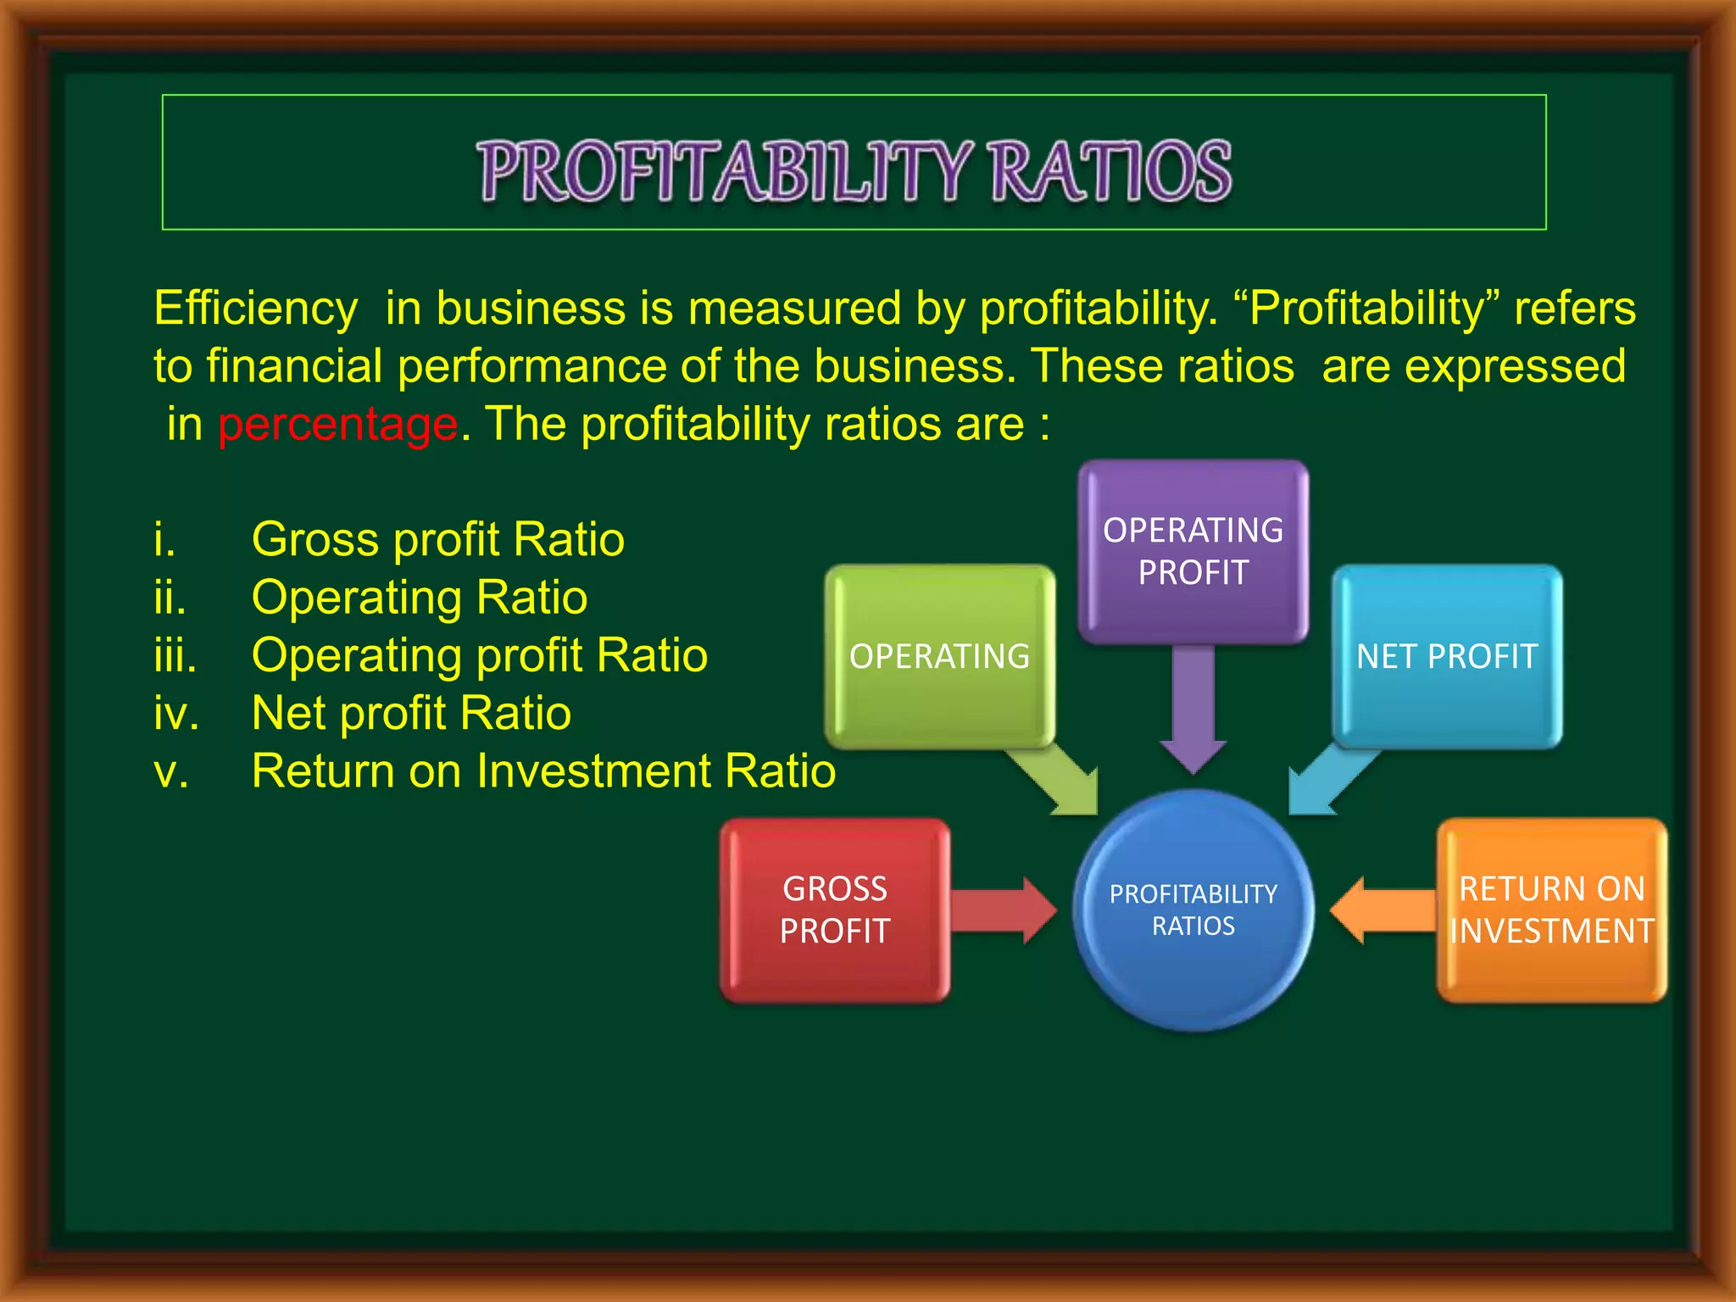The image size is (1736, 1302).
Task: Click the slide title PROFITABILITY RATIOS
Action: point(854,171)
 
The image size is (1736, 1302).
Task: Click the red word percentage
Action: point(337,424)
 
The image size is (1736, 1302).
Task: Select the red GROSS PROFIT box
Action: point(835,910)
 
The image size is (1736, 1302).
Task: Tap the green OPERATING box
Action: point(939,656)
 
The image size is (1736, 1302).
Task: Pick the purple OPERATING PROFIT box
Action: point(1193,551)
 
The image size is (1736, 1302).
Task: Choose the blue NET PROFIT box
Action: point(1446,656)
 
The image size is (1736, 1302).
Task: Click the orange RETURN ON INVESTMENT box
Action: point(1551,910)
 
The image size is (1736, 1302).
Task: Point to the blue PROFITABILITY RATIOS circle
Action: point(1193,910)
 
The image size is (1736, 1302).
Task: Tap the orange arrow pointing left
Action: point(1382,910)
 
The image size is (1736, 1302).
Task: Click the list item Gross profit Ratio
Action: point(437,539)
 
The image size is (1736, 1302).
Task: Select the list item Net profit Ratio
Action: point(411,713)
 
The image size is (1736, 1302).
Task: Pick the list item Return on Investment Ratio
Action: point(543,771)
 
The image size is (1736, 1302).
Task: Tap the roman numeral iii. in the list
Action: point(175,655)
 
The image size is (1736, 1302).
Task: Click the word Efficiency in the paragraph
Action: point(255,308)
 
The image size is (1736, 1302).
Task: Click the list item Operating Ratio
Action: point(419,598)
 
